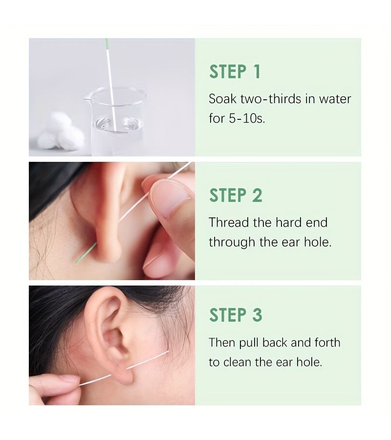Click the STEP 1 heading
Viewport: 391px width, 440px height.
click(235, 72)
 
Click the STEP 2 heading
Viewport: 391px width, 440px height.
click(236, 195)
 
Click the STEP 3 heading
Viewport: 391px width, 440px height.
click(236, 315)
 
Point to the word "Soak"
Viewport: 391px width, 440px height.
click(223, 99)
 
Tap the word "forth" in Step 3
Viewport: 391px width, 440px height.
click(327, 343)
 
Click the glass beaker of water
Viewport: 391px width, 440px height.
click(115, 121)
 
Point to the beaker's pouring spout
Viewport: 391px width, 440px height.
click(87, 98)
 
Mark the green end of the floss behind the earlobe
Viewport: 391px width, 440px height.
click(85, 253)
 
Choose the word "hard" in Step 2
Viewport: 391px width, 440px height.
click(287, 223)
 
